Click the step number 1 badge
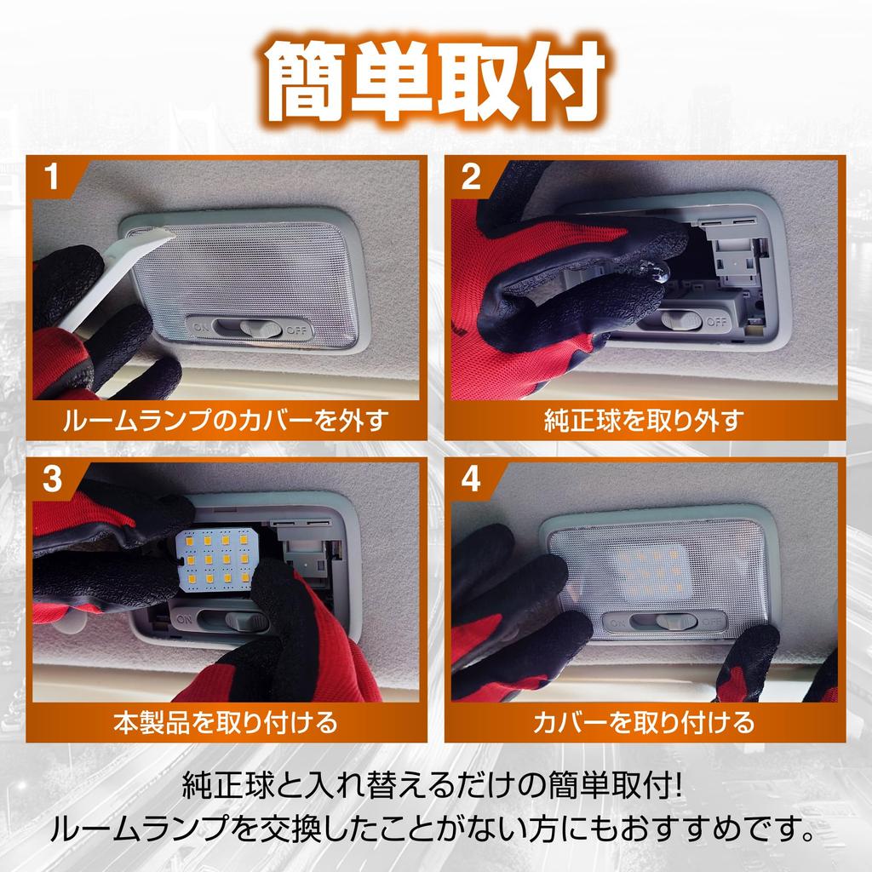(52, 176)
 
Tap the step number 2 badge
(470, 176)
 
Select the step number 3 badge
(52, 479)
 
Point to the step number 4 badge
(471, 479)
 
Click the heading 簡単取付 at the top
(435, 83)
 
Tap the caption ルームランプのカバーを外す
(225, 420)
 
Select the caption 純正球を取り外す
(644, 420)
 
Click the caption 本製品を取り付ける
(225, 722)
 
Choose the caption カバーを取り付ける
(644, 722)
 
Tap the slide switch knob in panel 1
(261, 329)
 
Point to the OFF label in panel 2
(716, 321)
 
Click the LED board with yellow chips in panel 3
(217, 559)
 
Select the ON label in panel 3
(185, 619)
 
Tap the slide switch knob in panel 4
(676, 622)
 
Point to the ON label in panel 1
(201, 328)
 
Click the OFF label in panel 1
(295, 331)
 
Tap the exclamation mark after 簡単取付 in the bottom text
(676, 786)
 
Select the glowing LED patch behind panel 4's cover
(650, 573)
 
